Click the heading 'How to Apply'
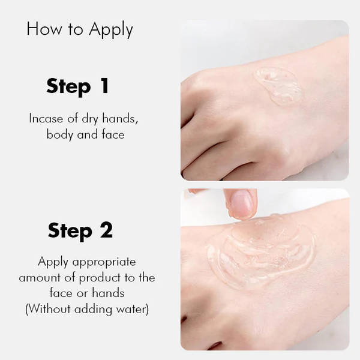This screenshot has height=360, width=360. click(x=80, y=30)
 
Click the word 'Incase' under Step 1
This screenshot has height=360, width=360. click(x=46, y=118)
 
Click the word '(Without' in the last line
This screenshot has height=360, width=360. click(x=48, y=310)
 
